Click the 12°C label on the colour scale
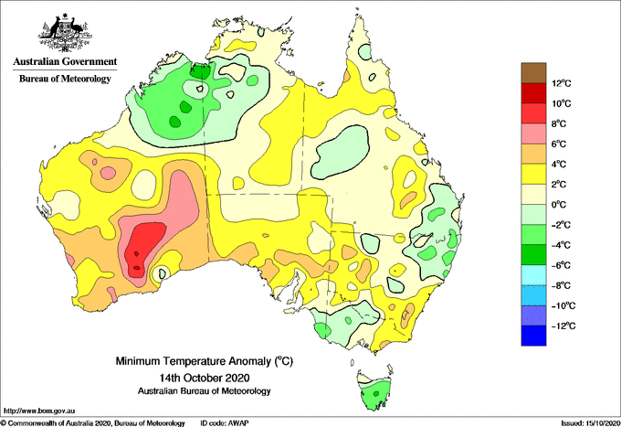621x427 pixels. [562, 83]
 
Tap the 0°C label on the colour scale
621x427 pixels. [559, 205]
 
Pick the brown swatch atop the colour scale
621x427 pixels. [533, 73]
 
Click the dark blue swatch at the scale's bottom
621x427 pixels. [533, 336]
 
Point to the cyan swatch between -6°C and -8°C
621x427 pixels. [533, 275]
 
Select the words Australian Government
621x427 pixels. [65, 61]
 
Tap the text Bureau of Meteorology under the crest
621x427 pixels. [65, 79]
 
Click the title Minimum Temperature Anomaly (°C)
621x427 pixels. [205, 361]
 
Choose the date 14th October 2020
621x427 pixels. [205, 377]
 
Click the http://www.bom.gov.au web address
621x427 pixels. [39, 411]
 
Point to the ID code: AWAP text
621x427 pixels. [225, 423]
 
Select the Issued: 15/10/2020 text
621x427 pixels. [590, 423]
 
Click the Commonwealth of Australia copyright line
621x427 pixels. [93, 423]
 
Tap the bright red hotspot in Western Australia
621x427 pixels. [143, 249]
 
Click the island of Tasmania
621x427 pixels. [375, 390]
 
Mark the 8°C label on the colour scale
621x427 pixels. [559, 123]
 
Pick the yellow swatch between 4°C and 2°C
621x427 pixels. [533, 174]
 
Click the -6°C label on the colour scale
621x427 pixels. [560, 265]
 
